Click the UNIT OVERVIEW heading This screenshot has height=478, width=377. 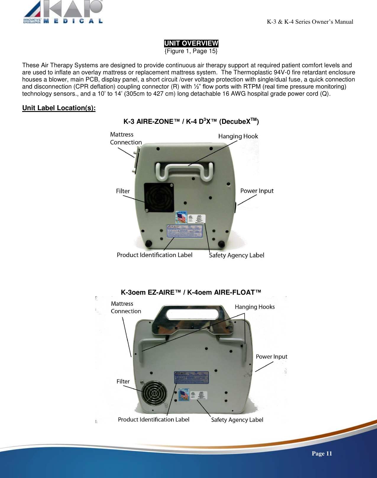(191, 43)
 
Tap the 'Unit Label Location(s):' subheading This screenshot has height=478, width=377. (59, 108)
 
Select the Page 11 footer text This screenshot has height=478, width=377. (322, 453)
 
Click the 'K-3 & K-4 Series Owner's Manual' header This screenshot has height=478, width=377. (310, 22)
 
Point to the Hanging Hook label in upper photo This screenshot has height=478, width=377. (238, 136)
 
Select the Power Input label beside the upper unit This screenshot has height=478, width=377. (257, 191)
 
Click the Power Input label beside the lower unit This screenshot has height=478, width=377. (271, 357)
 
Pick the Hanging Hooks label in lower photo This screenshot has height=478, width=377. (255, 307)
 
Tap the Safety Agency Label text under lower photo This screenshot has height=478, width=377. (237, 420)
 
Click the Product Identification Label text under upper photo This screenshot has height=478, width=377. (154, 255)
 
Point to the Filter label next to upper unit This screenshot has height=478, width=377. (123, 191)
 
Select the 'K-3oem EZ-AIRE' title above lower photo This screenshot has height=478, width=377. (191, 292)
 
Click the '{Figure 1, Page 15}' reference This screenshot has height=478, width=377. (191, 51)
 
